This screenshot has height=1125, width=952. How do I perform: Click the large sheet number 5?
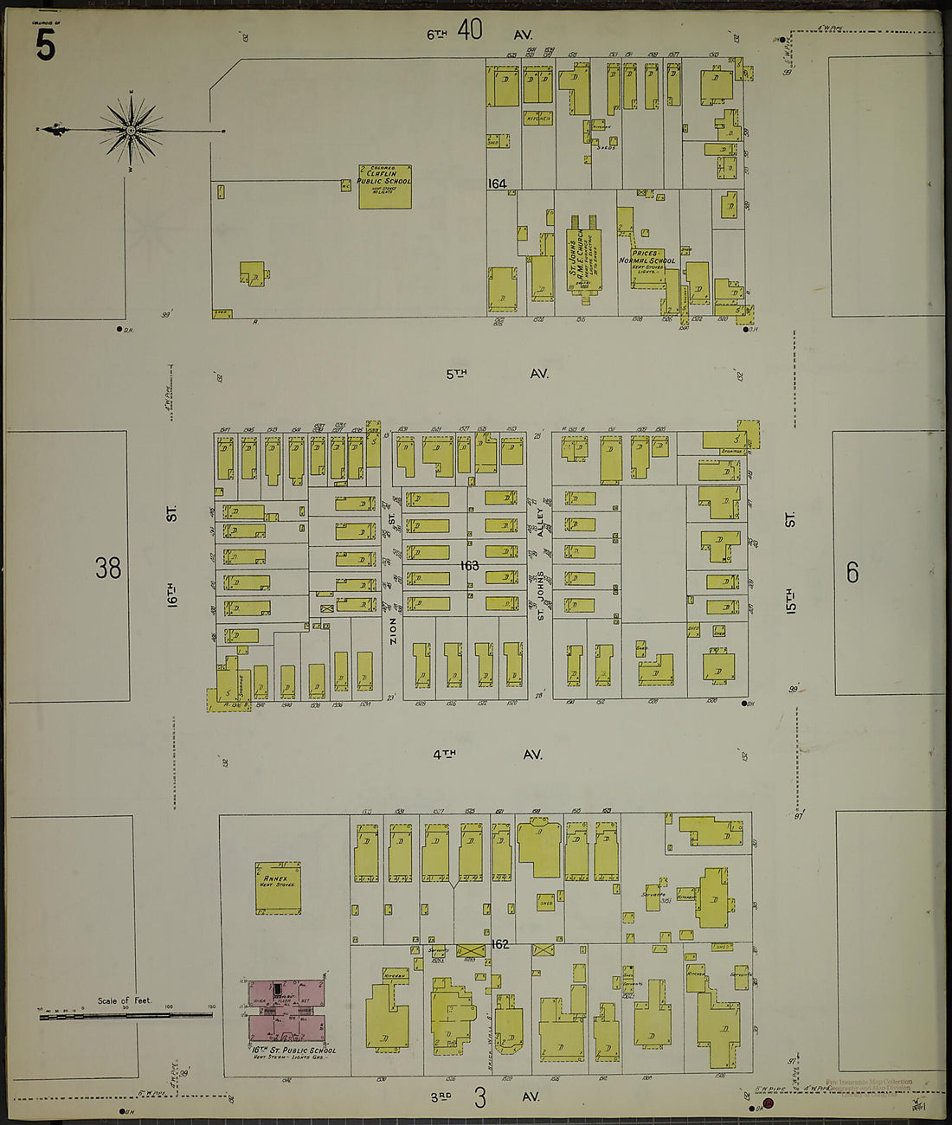[x=45, y=45]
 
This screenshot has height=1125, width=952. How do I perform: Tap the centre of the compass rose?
[x=131, y=131]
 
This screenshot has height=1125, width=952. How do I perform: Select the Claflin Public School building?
[x=384, y=187]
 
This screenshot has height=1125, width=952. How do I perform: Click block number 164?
[x=497, y=183]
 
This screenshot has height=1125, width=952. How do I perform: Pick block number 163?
[x=470, y=565]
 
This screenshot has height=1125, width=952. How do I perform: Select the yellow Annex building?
[x=278, y=887]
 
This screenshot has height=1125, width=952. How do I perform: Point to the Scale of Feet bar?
[x=125, y=1014]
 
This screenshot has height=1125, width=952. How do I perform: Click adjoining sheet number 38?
[x=108, y=569]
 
